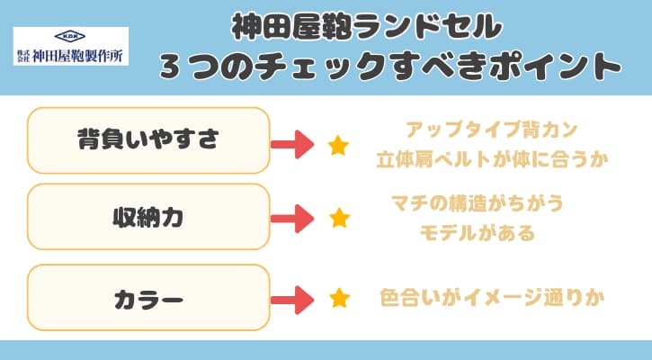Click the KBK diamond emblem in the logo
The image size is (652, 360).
[x=70, y=36]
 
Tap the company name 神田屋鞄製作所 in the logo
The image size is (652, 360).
[x=77, y=56]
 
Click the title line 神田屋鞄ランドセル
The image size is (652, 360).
[x=367, y=27]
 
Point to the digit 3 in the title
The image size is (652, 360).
[x=170, y=67]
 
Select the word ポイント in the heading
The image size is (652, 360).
[x=554, y=67]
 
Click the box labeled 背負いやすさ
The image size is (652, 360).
[x=148, y=140]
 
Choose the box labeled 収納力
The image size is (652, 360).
[x=148, y=216]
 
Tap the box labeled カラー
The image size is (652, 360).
[x=148, y=298]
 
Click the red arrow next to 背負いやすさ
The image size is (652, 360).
[x=292, y=144]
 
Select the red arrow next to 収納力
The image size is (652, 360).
[x=292, y=219]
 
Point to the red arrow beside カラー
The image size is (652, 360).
[x=292, y=300]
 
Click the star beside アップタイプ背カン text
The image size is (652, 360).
[x=338, y=145]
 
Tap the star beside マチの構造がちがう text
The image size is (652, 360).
[x=339, y=218]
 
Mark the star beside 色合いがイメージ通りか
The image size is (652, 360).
[x=339, y=298]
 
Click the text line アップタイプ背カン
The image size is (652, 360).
[x=492, y=130]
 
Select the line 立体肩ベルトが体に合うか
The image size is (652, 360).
[x=492, y=159]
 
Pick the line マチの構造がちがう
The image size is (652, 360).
[x=478, y=203]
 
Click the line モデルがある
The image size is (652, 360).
[x=478, y=232]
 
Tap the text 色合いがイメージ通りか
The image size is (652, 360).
[x=492, y=298]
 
